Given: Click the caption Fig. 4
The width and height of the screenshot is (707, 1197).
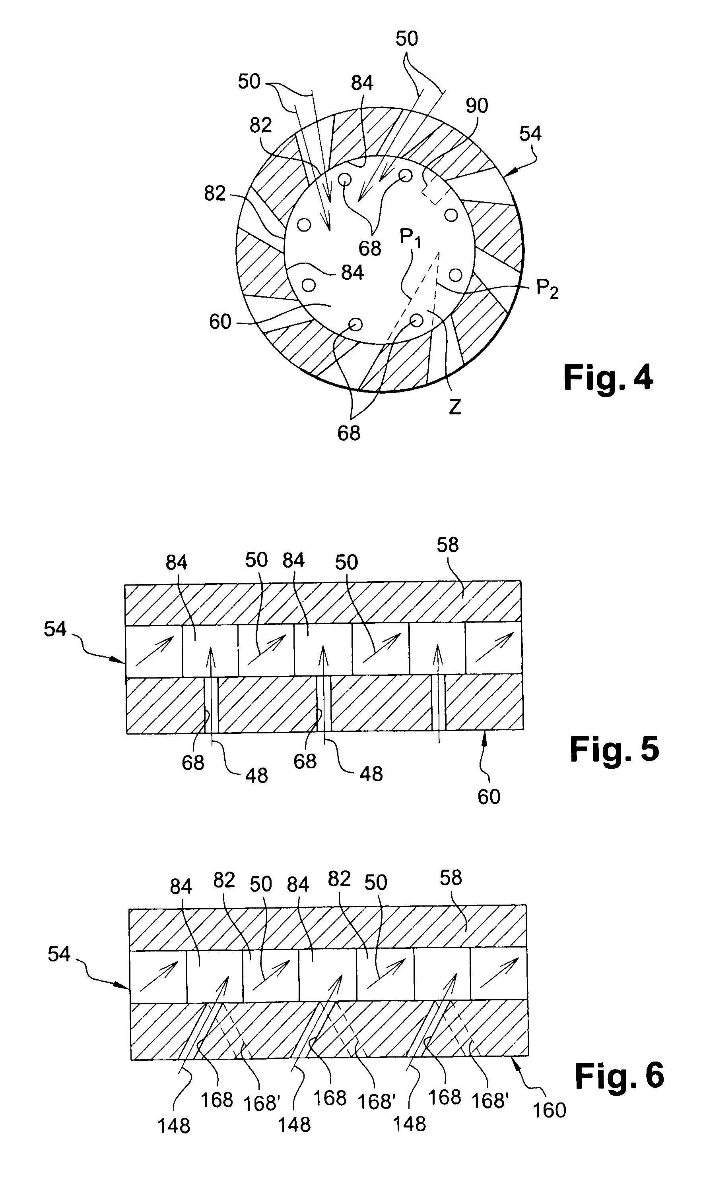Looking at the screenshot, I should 608,378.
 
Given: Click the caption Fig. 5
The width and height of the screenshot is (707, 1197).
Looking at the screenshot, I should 614,748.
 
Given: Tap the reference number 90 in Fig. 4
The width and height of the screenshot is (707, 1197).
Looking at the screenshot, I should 476,106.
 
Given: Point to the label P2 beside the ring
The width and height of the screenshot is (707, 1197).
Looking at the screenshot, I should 547,289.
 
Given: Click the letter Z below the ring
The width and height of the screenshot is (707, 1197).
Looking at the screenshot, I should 455,407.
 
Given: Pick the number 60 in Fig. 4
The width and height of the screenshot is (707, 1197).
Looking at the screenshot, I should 220,322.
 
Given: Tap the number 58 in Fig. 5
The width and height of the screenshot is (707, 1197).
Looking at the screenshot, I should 447,545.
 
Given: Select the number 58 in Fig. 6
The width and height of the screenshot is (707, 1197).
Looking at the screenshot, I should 450,878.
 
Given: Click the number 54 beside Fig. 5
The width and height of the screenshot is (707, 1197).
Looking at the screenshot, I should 55,629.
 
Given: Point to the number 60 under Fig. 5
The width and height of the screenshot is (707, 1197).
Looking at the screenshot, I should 489,797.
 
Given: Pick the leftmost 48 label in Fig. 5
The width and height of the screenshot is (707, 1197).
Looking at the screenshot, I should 256,776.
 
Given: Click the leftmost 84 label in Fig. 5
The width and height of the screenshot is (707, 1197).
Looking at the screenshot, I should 176,563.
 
